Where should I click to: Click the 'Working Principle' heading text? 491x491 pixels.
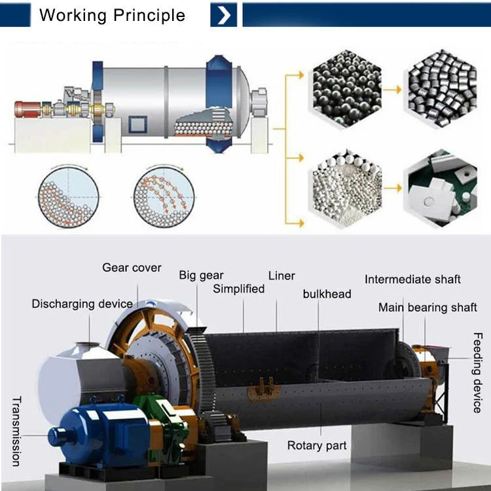(112, 16)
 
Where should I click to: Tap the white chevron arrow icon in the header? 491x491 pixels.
(223, 15)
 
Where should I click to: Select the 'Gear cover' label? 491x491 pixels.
(132, 268)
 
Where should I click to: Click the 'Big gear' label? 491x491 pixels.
(201, 275)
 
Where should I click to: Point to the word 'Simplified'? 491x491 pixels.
(239, 289)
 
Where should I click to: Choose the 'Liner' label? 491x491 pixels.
(282, 276)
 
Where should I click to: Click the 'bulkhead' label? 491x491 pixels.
(327, 294)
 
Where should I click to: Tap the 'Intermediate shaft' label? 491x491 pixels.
(412, 280)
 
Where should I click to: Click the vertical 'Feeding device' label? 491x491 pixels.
(478, 373)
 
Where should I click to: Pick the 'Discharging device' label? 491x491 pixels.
(82, 304)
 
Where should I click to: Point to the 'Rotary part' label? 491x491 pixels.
(317, 446)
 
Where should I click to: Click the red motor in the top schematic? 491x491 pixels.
(27, 109)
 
